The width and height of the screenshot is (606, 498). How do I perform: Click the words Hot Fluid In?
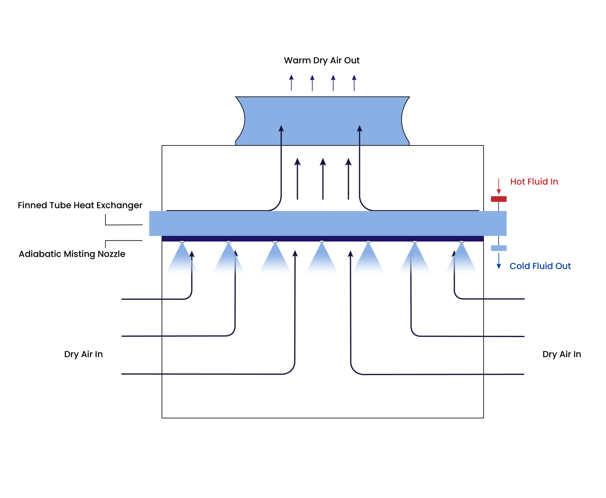coord(534,182)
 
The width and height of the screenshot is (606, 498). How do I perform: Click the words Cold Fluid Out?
coord(540,266)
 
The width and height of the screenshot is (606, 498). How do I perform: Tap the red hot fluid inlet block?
coord(499,199)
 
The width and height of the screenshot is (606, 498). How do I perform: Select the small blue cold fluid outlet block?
coord(499,248)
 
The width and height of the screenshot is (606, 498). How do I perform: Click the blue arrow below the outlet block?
coord(499,261)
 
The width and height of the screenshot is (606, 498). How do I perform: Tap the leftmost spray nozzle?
coord(182,242)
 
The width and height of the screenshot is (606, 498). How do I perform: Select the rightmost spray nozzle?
coord(461,242)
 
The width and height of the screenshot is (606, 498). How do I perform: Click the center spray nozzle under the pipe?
coord(322,241)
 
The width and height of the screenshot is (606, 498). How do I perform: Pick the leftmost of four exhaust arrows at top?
coord(291,82)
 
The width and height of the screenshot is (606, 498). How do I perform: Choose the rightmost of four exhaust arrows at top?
coord(354,83)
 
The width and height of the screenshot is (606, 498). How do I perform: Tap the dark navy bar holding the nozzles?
coord(322,238)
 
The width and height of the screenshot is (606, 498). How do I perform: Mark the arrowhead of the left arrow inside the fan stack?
coord(281,129)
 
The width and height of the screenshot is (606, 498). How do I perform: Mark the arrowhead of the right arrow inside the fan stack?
coord(359,129)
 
